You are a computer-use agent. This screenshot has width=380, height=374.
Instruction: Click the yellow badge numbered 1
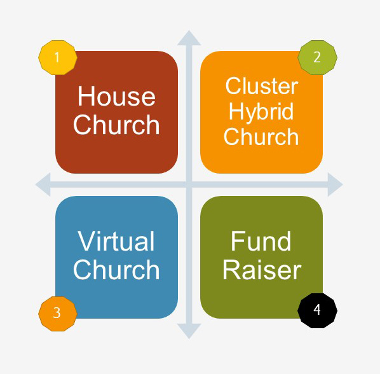(x=58, y=57)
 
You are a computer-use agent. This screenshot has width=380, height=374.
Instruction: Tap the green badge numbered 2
(x=317, y=57)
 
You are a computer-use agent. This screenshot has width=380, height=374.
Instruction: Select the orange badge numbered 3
(x=58, y=314)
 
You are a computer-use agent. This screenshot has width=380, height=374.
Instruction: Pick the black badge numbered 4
(x=317, y=310)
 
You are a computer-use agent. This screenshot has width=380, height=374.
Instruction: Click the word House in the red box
(x=116, y=96)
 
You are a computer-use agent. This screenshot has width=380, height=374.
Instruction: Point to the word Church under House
(x=116, y=124)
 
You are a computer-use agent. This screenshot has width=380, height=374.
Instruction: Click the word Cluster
(x=262, y=86)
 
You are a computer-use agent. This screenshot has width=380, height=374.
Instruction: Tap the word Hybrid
(x=261, y=112)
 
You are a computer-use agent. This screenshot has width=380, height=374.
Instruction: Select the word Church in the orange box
(x=261, y=136)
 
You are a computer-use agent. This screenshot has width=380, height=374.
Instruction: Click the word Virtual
(x=116, y=241)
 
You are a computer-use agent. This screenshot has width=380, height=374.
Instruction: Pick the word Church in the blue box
(x=116, y=269)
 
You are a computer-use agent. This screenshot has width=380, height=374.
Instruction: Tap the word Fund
(x=261, y=241)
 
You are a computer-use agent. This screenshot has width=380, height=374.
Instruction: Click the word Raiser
(x=262, y=269)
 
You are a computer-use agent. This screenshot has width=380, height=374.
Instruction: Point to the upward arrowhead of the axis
(x=189, y=38)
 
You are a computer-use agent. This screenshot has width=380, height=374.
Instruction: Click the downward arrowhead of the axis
(x=189, y=331)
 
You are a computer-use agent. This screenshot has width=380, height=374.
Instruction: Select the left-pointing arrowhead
(x=43, y=184)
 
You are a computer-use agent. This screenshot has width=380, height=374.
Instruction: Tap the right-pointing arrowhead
(x=335, y=184)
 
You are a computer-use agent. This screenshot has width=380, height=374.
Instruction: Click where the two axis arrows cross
(x=189, y=184)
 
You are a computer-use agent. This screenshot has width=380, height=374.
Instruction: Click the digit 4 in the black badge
(x=317, y=310)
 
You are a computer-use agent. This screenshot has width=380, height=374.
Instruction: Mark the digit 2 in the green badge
(x=317, y=57)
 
